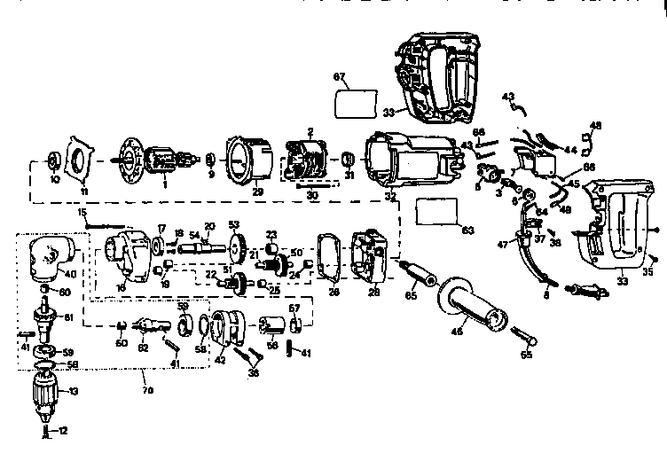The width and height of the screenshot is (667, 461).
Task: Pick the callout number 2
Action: pyautogui.click(x=310, y=131)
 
